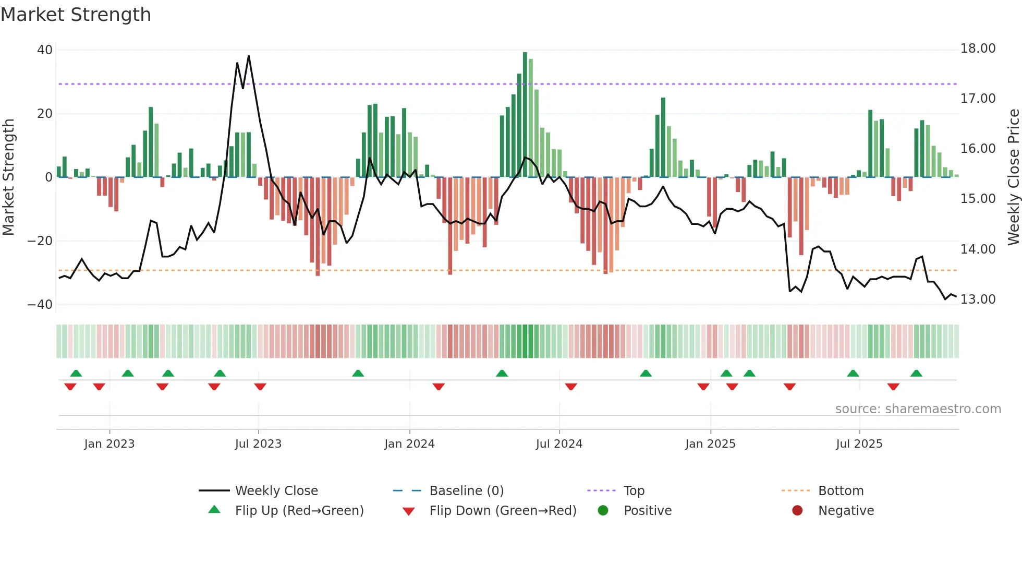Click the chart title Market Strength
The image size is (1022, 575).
click(76, 15)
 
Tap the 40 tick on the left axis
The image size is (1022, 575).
click(45, 50)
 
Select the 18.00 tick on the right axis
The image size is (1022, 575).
click(978, 49)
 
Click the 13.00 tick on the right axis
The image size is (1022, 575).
click(978, 300)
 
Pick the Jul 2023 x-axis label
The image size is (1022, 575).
click(258, 444)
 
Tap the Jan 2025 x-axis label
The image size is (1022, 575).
click(710, 444)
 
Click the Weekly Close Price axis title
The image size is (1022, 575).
click(1013, 177)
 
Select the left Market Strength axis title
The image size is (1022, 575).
click(8, 177)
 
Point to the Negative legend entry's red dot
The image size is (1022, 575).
click(797, 511)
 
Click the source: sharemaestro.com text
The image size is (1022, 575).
click(918, 409)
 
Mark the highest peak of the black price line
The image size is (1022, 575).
click(249, 56)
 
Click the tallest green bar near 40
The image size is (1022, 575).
click(525, 54)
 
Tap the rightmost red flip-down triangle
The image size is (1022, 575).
click(893, 387)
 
